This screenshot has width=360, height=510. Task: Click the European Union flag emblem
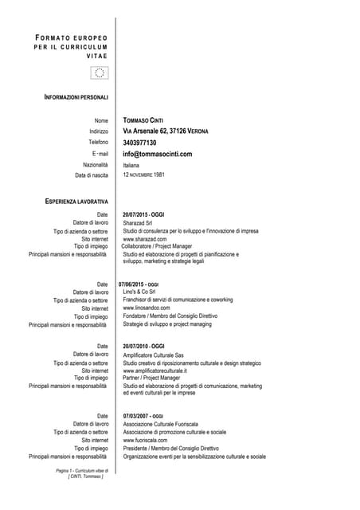point(100,73)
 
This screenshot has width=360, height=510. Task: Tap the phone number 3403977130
point(145,143)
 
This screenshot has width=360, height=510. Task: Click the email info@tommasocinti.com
point(158,154)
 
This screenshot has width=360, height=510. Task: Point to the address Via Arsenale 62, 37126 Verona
point(165,131)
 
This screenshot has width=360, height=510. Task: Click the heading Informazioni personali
point(76,96)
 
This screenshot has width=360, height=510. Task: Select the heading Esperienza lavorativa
point(76,202)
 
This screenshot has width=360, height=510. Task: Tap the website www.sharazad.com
point(145,239)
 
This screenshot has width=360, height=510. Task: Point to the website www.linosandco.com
point(147,308)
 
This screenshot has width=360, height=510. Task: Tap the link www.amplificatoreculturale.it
point(155,371)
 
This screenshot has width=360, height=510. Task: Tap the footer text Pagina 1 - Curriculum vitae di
point(82,471)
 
